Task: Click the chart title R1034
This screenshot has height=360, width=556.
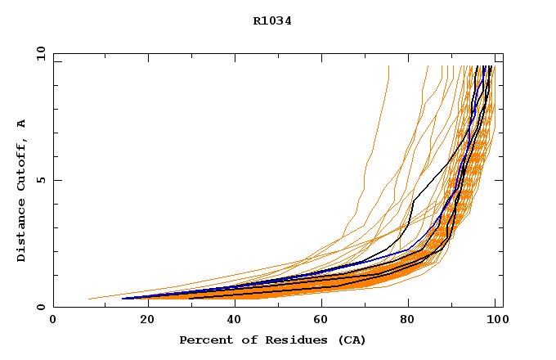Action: tap(272, 21)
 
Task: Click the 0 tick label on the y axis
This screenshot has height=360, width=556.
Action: tap(40, 307)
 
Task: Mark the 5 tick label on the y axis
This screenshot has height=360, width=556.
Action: tap(40, 180)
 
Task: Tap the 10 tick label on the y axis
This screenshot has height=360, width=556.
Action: tap(40, 53)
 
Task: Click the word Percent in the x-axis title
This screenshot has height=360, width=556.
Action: tap(204, 340)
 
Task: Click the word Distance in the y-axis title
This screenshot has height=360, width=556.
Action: tap(22, 230)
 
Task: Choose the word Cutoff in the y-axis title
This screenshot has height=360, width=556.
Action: tap(22, 164)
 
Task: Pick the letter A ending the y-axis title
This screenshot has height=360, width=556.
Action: tap(22, 123)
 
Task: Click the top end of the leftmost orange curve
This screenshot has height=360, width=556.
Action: tap(388, 67)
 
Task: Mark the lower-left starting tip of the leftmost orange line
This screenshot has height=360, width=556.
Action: tap(88, 299)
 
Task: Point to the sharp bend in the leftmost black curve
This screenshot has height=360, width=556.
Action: tap(413, 199)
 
